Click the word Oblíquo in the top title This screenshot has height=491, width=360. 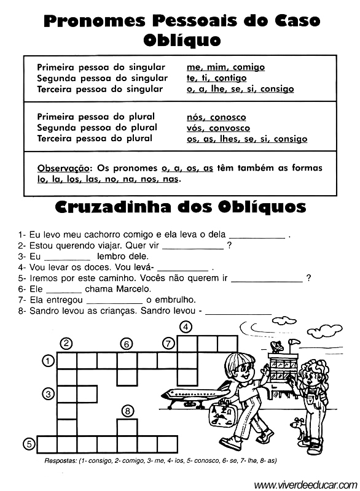pyautogui.click(x=181, y=41)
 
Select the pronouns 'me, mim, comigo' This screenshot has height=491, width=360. pyautogui.click(x=225, y=67)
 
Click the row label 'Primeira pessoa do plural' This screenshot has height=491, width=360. pyautogui.click(x=96, y=117)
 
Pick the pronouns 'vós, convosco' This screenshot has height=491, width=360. pyautogui.click(x=218, y=128)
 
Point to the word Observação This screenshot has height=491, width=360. pyautogui.click(x=63, y=168)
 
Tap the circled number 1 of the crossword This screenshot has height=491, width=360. pyautogui.click(x=47, y=361)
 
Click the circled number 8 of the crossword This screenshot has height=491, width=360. pyautogui.click(x=127, y=411)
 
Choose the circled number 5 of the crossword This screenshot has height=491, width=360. pyautogui.click(x=28, y=443)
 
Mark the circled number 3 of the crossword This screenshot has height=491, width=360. pyautogui.click(x=47, y=393)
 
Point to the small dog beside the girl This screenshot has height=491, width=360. pyautogui.click(x=300, y=428)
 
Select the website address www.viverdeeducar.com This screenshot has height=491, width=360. pyautogui.click(x=305, y=484)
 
